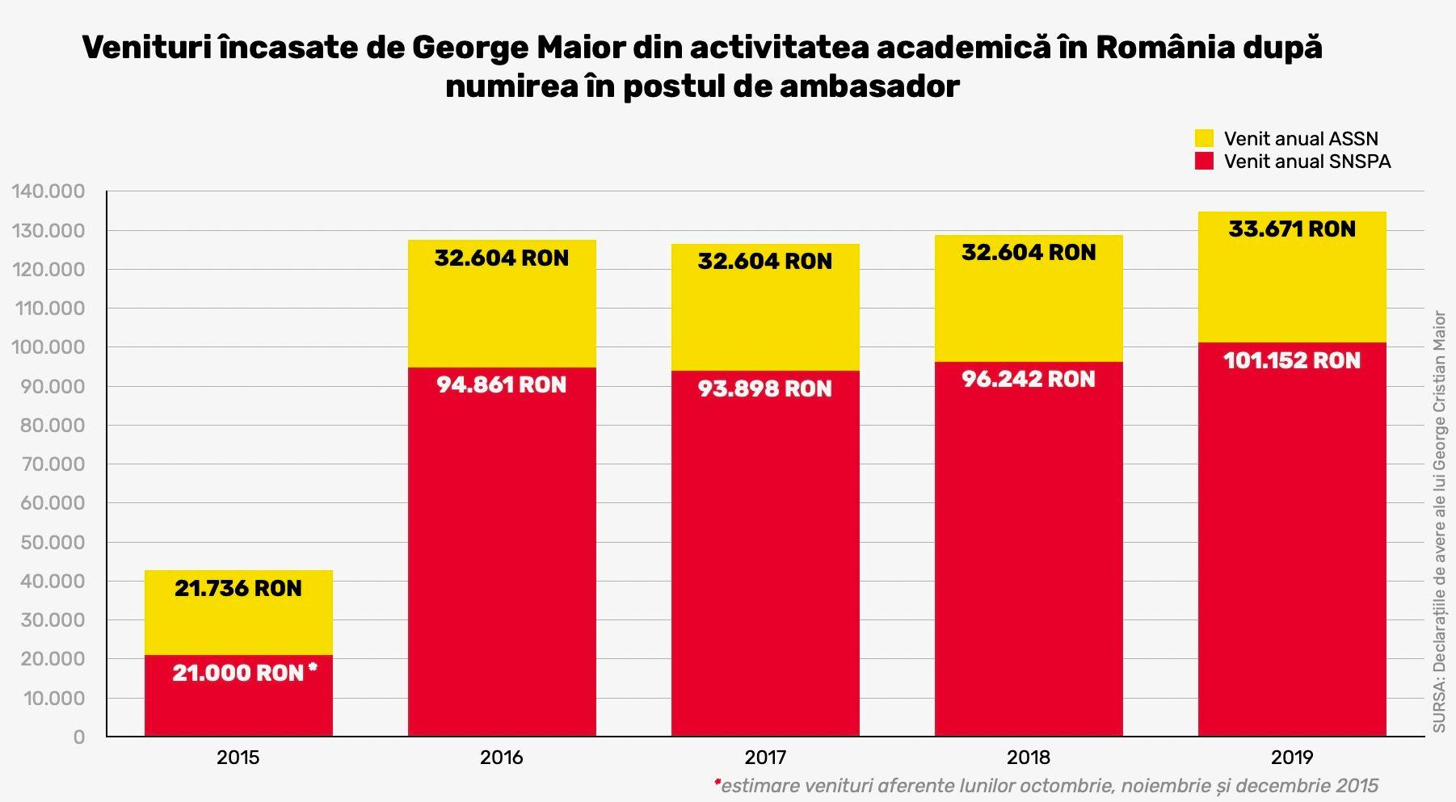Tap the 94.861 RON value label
(x=501, y=384)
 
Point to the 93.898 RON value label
(x=764, y=388)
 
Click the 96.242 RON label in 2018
(x=1028, y=379)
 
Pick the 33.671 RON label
(x=1291, y=229)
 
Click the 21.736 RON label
(x=238, y=588)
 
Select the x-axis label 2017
(x=764, y=758)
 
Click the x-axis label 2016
(x=501, y=758)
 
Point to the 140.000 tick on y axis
(x=48, y=191)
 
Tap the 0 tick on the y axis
(x=78, y=737)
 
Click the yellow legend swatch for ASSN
(x=1204, y=138)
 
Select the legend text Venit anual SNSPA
(x=1307, y=161)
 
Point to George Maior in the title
(x=518, y=48)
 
